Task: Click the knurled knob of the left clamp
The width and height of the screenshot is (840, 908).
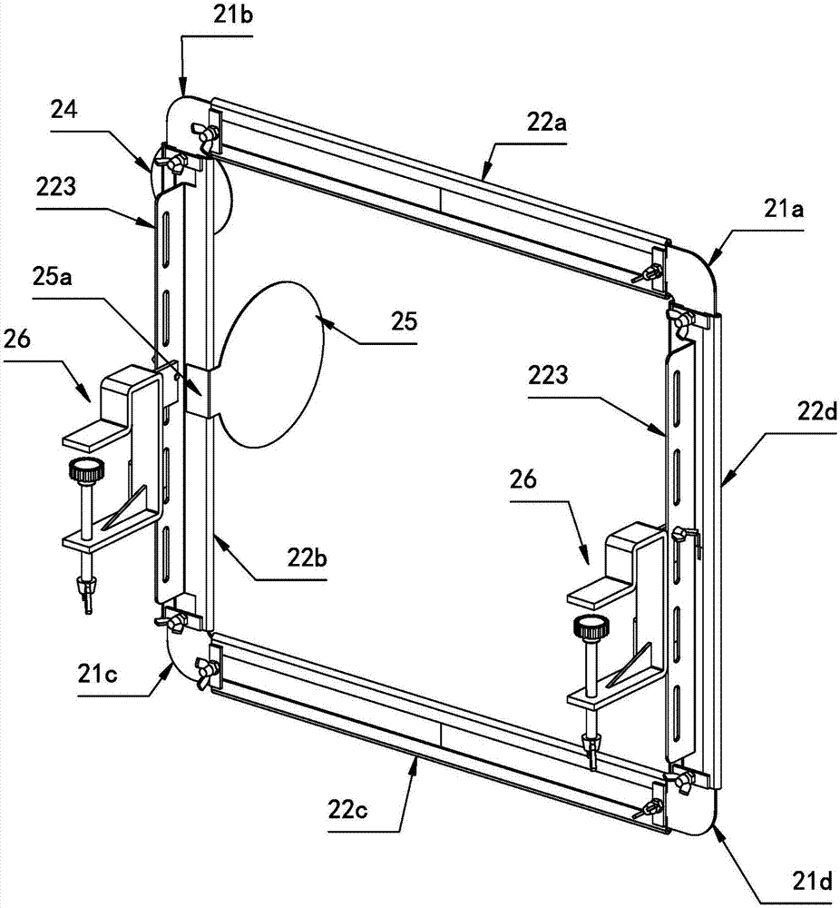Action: pyautogui.click(x=86, y=472)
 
